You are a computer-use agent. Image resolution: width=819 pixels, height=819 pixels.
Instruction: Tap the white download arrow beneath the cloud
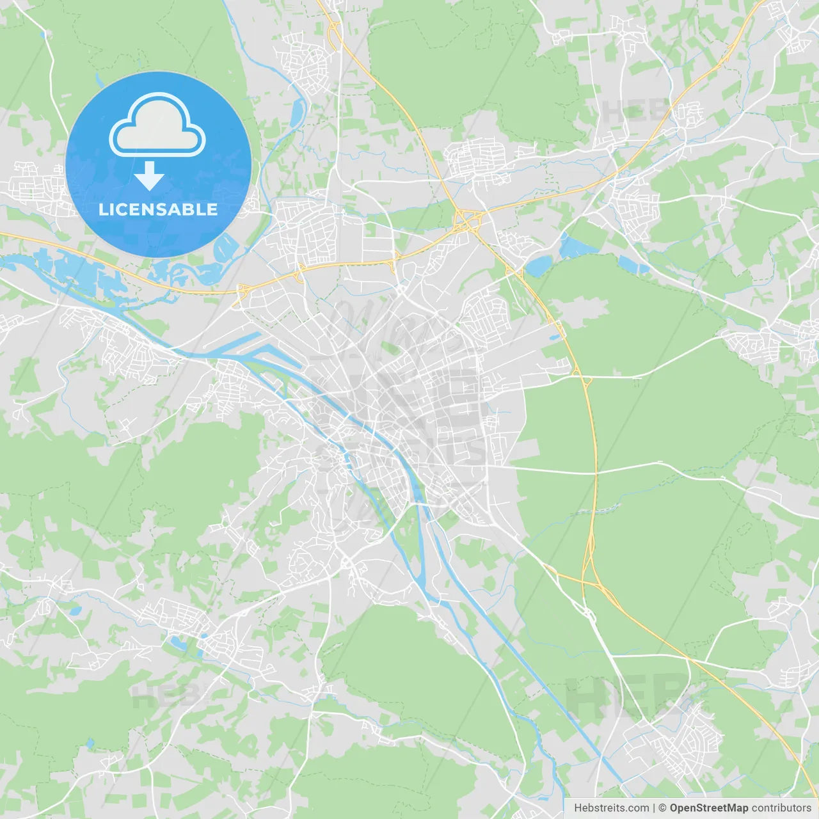coord(149,176)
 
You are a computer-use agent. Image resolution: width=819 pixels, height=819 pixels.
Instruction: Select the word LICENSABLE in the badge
coord(158,209)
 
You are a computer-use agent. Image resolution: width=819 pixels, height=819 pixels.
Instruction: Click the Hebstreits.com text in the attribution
coord(611,808)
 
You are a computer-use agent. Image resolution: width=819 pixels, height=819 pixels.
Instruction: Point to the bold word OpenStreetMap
coord(708,808)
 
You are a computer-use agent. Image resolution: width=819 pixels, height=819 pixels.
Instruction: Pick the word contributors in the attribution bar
coord(781,808)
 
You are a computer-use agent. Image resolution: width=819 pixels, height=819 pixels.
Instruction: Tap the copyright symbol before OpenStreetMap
coord(663,808)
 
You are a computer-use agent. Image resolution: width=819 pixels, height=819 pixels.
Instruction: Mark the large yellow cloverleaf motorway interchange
coord(466,221)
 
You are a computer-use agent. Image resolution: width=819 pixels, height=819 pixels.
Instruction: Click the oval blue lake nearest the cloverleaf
coord(538,265)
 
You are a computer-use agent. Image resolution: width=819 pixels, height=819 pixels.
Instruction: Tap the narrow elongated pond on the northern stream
coord(298,113)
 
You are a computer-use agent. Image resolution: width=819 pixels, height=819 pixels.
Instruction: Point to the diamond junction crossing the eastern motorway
coord(586,381)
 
